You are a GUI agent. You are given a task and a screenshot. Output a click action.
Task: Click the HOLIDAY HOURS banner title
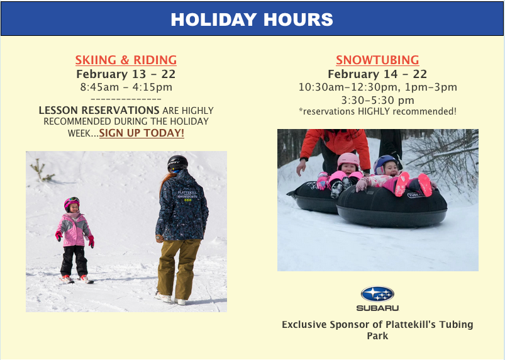click(252, 20)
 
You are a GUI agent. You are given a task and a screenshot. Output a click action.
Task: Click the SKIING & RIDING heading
click(126, 60)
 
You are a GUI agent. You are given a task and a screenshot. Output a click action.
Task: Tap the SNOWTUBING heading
click(377, 60)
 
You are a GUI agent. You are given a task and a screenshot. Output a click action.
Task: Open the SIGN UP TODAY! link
click(142, 133)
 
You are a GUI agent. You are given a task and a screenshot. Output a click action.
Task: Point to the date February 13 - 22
click(126, 74)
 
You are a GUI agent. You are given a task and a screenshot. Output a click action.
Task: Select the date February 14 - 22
click(377, 74)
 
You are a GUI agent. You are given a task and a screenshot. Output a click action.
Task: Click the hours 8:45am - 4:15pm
click(126, 87)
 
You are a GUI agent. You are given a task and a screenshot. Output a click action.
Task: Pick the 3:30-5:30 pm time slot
click(377, 100)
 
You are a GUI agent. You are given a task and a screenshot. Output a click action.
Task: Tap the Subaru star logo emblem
click(377, 294)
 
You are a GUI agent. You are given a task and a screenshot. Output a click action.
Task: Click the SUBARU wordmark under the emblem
click(377, 308)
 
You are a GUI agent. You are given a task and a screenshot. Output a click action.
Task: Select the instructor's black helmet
click(177, 163)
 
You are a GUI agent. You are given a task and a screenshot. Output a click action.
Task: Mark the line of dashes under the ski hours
click(126, 99)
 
